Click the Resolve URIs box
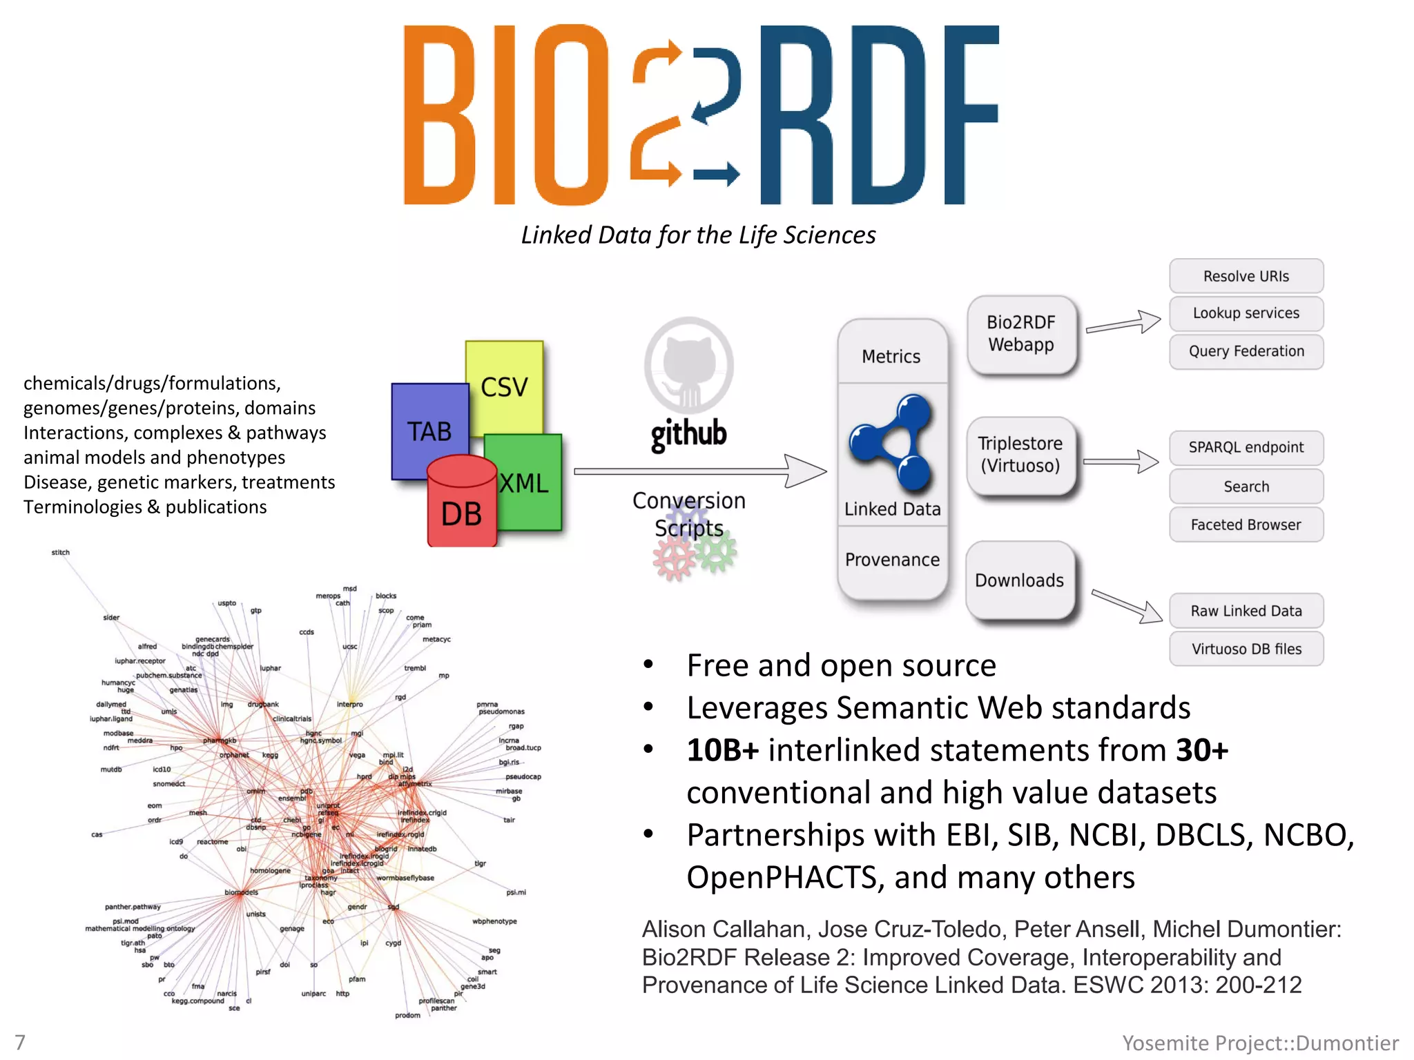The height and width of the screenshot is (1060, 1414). [1246, 276]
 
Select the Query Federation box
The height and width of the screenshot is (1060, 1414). [1246, 351]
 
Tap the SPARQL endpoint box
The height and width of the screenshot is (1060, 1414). [1246, 447]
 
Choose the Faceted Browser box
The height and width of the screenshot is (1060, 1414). [1246, 524]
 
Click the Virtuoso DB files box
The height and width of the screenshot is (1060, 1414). [1246, 649]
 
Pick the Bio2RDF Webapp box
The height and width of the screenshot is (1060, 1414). [1021, 334]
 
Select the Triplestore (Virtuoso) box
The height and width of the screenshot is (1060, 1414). [1020, 455]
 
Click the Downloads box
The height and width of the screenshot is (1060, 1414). [1019, 580]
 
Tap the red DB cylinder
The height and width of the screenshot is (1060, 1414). [461, 507]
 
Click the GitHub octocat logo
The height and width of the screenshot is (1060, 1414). [688, 366]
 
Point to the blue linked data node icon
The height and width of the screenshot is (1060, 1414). [892, 442]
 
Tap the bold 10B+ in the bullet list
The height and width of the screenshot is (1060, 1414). [722, 750]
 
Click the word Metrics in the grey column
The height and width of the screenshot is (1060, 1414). [891, 357]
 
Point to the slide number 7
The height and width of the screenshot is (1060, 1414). [20, 1042]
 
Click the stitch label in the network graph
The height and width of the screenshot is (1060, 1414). [61, 552]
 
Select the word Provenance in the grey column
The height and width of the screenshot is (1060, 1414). [892, 560]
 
